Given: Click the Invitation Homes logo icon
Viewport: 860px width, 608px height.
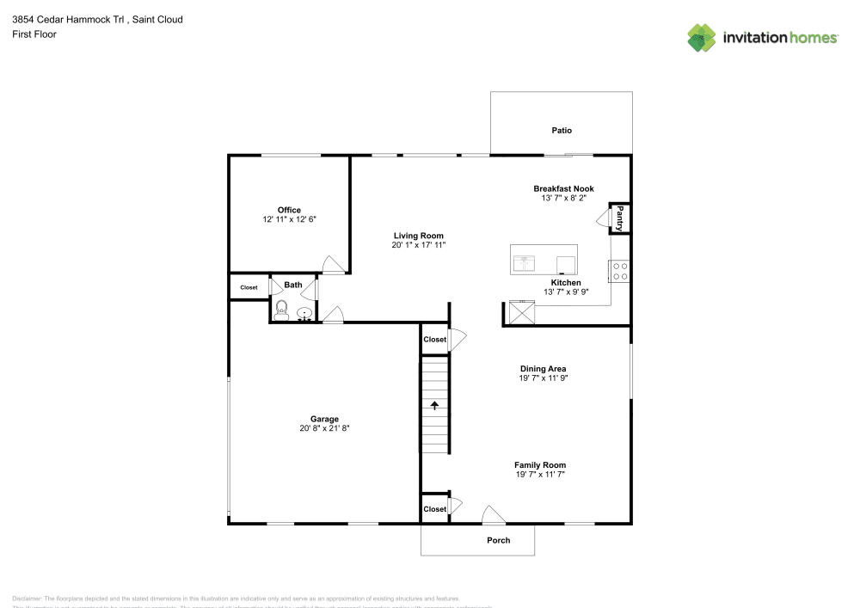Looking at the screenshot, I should [x=701, y=38].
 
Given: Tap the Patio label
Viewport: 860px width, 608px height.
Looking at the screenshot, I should [x=562, y=131].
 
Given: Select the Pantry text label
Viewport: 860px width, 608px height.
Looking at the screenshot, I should [x=619, y=218].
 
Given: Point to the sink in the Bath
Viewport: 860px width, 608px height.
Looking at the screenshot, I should [x=304, y=313].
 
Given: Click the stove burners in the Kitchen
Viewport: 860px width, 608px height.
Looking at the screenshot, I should [x=618, y=272].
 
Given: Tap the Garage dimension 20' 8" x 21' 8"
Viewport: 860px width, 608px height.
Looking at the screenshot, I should [x=324, y=428].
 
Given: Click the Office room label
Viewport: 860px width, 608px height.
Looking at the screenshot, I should [x=289, y=210].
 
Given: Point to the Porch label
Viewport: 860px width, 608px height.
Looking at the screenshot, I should [x=499, y=540].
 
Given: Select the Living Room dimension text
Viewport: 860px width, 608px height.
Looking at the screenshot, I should [x=418, y=245].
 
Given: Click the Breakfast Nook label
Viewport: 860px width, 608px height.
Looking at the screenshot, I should [x=563, y=188].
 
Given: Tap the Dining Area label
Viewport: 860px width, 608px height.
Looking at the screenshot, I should [x=543, y=368].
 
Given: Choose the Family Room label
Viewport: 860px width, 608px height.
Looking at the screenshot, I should [x=540, y=464].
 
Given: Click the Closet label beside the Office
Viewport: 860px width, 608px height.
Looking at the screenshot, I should [x=249, y=287].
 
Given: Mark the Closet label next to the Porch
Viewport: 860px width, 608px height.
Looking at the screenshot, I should [x=435, y=509].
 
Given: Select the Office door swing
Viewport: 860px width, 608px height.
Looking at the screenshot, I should [x=332, y=265].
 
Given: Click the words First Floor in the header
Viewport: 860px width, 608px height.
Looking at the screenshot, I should [x=34, y=34].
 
